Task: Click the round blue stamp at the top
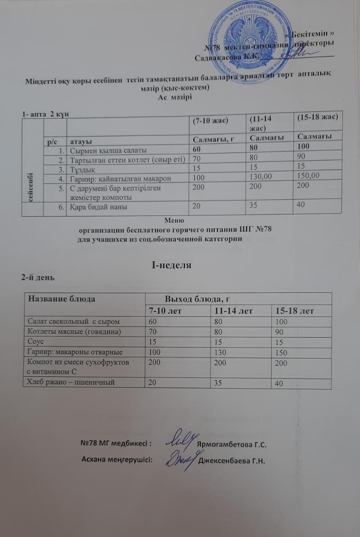[248, 42]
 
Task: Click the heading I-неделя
[171, 265]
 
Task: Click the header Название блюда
[61, 299]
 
